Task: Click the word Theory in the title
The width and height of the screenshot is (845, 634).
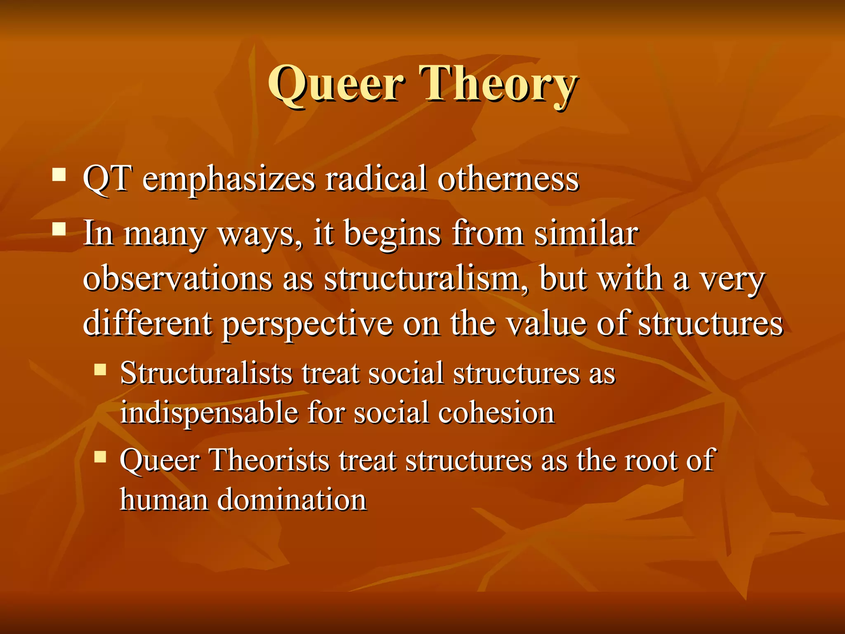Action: [x=497, y=84]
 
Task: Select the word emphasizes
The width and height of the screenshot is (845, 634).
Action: [x=229, y=180]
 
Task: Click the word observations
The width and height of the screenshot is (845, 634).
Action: [x=177, y=279]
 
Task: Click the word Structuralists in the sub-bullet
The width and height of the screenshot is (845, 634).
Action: [x=206, y=373]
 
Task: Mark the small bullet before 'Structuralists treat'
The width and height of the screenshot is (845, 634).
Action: [x=100, y=369]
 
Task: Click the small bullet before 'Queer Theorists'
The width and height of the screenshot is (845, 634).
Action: [x=100, y=457]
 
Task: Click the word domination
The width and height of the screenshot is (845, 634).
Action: [x=292, y=500]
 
